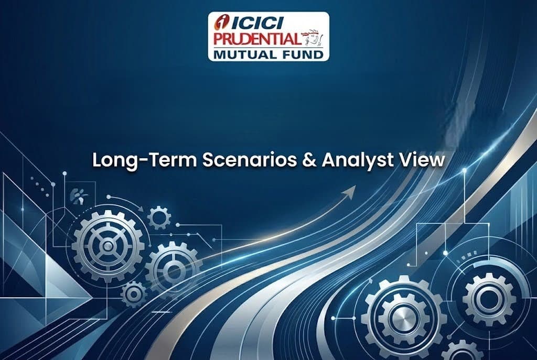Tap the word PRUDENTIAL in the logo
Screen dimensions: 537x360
click(x=256, y=39)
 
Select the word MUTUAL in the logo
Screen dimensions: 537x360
click(x=242, y=54)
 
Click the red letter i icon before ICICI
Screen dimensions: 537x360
click(x=222, y=23)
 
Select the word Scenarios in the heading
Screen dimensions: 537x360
click(x=249, y=160)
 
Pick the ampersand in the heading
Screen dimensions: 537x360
click(x=309, y=160)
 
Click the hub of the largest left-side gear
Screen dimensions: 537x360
click(x=108, y=246)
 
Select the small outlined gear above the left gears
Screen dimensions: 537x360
click(x=159, y=217)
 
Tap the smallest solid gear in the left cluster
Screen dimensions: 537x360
click(x=134, y=294)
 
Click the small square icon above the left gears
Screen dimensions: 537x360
click(x=79, y=197)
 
